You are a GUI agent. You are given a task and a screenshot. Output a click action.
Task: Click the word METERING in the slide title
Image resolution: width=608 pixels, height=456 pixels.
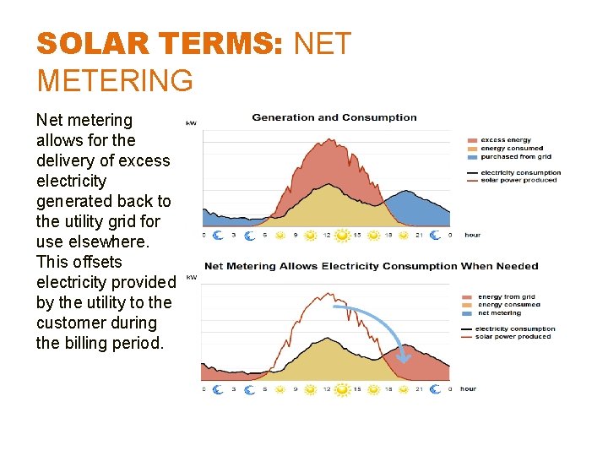click(x=115, y=81)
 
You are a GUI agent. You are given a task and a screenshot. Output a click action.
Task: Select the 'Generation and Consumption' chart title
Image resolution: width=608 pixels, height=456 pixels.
click(x=334, y=117)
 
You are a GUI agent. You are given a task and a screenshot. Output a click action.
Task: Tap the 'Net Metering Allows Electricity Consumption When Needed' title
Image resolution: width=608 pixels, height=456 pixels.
click(x=371, y=266)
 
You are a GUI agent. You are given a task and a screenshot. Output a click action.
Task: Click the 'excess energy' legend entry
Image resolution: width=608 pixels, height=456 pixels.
click(x=505, y=140)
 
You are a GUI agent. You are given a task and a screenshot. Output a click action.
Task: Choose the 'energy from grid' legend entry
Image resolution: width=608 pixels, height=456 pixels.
click(x=507, y=297)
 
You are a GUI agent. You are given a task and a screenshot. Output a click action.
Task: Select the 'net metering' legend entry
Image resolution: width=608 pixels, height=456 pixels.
click(x=499, y=313)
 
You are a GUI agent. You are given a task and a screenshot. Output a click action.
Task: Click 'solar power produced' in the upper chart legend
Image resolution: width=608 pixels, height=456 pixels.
click(x=518, y=180)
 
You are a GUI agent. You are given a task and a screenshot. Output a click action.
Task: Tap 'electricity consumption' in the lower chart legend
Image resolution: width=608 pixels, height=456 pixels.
click(x=515, y=328)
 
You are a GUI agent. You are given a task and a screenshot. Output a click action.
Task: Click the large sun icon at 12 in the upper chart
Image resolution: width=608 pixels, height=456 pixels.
click(x=342, y=236)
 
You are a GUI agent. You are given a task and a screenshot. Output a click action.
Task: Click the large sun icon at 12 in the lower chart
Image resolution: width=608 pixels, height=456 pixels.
click(x=342, y=390)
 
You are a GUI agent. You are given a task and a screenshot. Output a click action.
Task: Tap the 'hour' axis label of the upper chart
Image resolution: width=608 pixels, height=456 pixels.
click(x=472, y=235)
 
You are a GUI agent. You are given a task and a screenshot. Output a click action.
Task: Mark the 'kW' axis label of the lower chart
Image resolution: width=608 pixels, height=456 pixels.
click(x=191, y=277)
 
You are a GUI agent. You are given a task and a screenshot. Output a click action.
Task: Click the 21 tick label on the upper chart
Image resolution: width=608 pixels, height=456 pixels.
click(x=418, y=235)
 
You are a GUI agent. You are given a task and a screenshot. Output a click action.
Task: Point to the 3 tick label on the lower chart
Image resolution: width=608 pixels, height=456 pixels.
click(x=233, y=389)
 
